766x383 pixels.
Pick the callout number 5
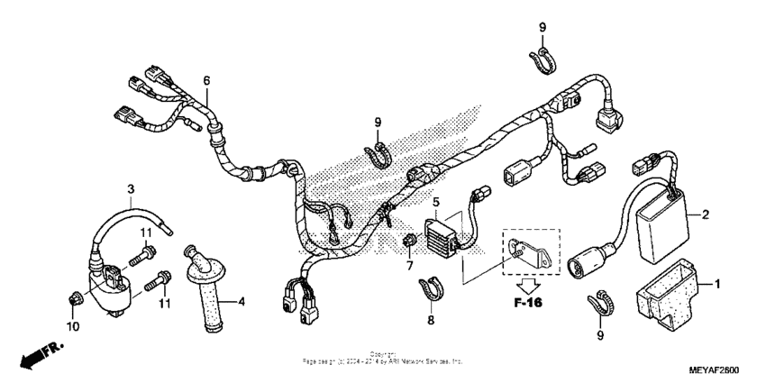tap(435, 203)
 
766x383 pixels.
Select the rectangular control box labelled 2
tap(664, 217)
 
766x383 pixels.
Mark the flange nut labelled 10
tap(75, 297)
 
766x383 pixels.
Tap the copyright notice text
tap(383, 358)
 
